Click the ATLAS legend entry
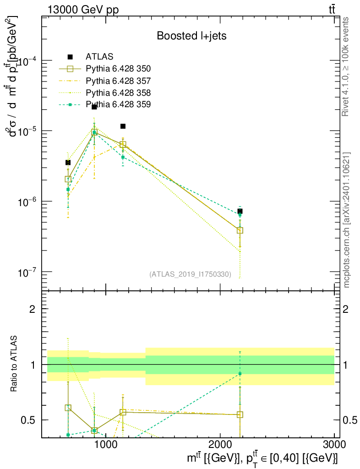coord(99,57)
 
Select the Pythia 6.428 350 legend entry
coord(118,69)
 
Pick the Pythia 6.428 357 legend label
coord(118,81)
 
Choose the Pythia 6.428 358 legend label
coord(118,93)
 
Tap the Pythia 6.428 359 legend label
coord(118,104)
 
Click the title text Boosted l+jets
coord(191,36)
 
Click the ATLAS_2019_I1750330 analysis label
coord(190,274)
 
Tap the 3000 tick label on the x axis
coord(334,445)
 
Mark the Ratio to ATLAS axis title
coord(15,364)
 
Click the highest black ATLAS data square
coord(94,107)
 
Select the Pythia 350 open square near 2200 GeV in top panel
coord(240,230)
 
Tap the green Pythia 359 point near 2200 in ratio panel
coord(240,374)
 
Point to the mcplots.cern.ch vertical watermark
coord(347,220)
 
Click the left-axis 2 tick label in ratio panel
coord(33,309)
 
